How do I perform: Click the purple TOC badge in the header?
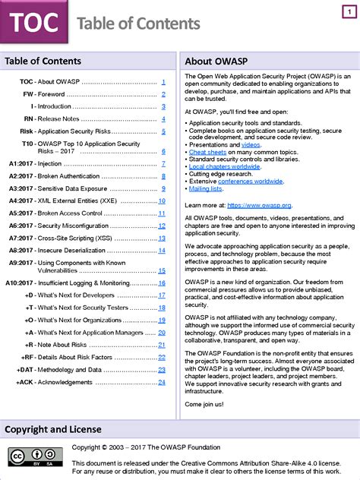pos(33,23)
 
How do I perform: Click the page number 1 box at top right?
pos(346,13)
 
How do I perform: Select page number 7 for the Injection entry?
pos(163,164)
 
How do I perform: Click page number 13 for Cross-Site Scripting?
pos(162,238)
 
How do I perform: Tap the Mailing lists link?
pos(206,188)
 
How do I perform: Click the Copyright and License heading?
pos(53,430)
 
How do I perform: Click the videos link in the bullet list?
pos(251,144)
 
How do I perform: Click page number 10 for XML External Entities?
pos(162,201)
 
